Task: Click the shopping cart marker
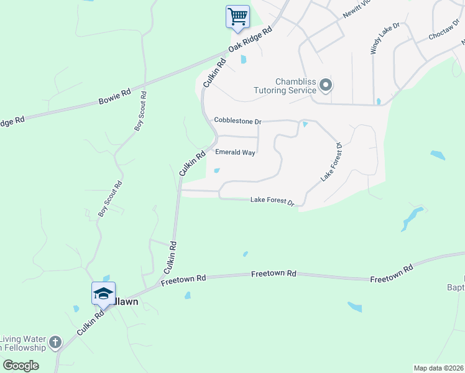[x=237, y=17]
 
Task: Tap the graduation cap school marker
[x=103, y=293]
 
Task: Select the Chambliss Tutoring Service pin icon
[x=326, y=85]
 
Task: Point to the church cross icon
[x=55, y=342]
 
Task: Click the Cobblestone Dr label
[x=237, y=120]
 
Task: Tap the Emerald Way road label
[x=235, y=152]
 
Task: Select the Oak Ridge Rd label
[x=251, y=39]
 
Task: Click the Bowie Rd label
[x=115, y=96]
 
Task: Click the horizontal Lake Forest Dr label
[x=272, y=200]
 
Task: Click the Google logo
[x=21, y=365]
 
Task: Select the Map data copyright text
[x=439, y=367]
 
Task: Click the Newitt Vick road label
[x=357, y=13]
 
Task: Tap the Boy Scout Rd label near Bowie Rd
[x=141, y=111]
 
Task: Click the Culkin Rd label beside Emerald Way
[x=192, y=163]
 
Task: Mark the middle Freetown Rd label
[x=274, y=273]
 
